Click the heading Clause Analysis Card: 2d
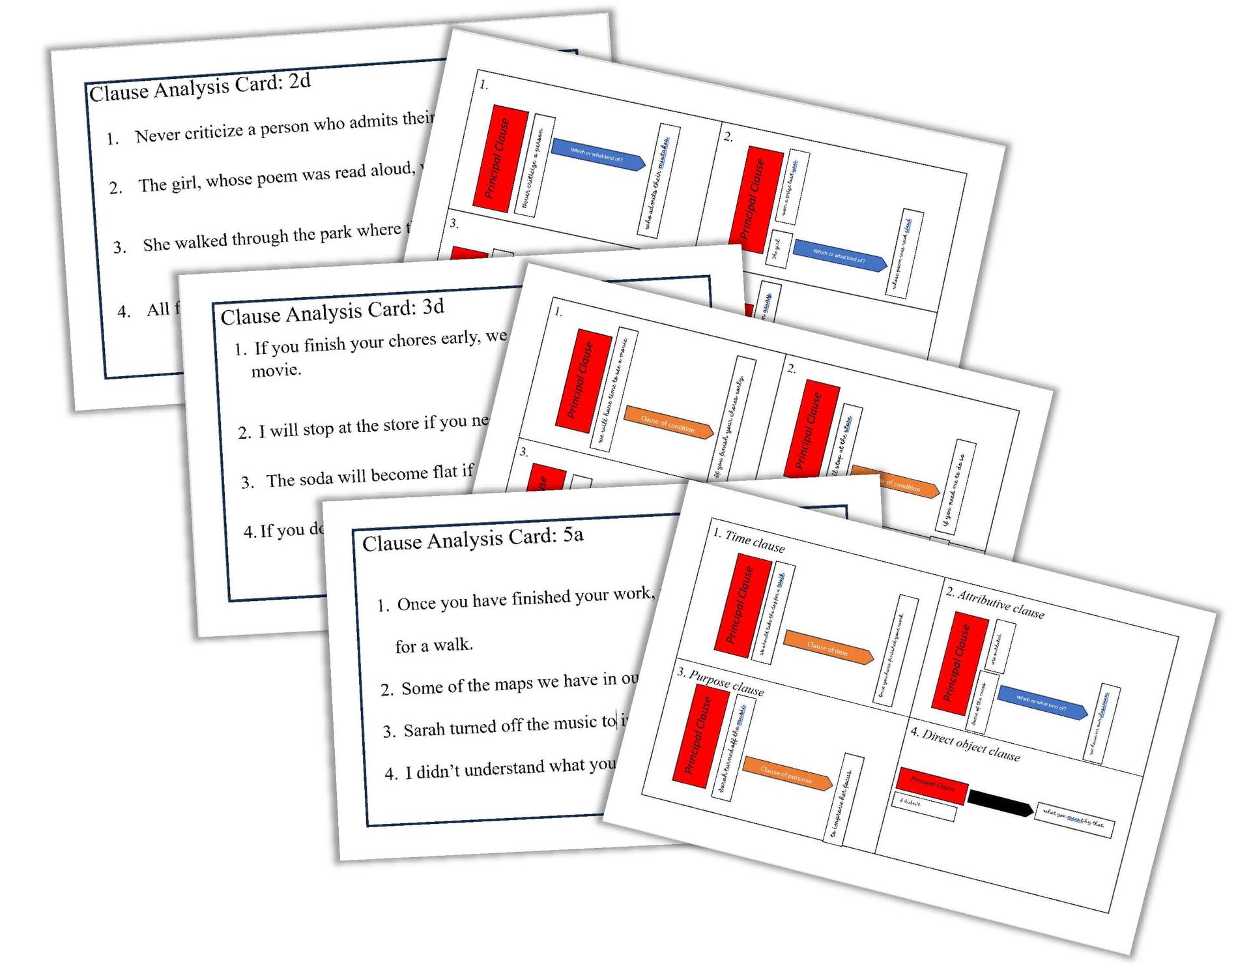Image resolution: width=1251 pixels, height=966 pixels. click(199, 87)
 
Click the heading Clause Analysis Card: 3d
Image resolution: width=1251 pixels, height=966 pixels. click(332, 312)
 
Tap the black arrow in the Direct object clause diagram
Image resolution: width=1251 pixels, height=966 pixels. click(1000, 802)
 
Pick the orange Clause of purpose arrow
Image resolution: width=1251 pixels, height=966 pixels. click(787, 774)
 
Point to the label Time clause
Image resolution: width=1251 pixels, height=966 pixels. click(755, 542)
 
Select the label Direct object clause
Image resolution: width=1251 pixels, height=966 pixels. click(971, 745)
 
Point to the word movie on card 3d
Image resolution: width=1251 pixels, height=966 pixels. click(276, 370)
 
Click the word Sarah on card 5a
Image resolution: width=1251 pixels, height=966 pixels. click(424, 729)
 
